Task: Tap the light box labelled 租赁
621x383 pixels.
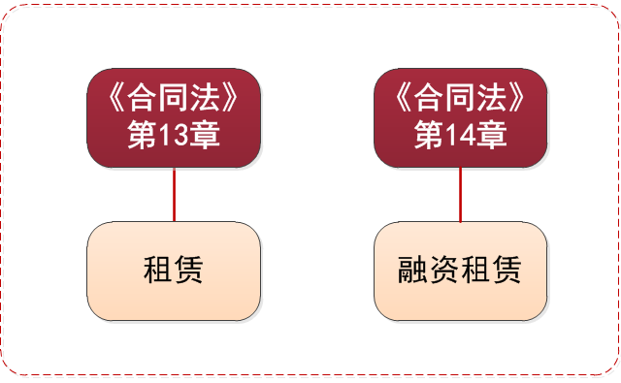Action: (174, 271)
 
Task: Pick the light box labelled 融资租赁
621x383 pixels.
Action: (461, 271)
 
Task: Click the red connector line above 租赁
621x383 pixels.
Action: (174, 195)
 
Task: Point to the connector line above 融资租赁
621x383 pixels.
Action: (461, 195)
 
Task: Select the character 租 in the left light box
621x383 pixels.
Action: (158, 271)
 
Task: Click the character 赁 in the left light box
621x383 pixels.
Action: (189, 271)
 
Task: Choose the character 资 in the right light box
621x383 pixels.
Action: (445, 271)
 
